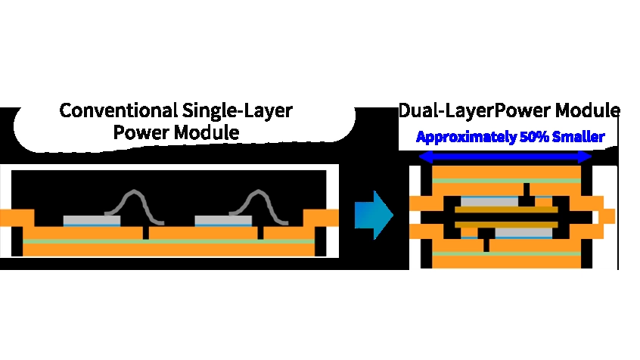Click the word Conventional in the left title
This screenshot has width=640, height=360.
coord(118,110)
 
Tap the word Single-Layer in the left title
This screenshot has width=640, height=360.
coord(238,111)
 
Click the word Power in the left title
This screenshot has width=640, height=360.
coord(141,132)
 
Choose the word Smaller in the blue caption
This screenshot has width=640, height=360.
coord(578,137)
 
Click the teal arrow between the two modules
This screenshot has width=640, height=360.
coord(374,215)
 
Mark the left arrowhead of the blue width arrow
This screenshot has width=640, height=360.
coord(425,157)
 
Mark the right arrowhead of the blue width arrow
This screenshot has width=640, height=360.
coord(586,157)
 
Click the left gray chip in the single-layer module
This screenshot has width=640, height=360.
coord(92,220)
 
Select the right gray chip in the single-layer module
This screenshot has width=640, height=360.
coord(223,220)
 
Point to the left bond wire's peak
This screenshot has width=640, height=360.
coord(135,191)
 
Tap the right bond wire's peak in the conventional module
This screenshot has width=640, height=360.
coord(259,191)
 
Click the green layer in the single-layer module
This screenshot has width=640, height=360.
coord(169,241)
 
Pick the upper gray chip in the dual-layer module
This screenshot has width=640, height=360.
coord(489,202)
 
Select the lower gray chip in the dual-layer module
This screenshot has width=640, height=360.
coord(523,233)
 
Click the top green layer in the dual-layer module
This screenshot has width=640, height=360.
coord(507,181)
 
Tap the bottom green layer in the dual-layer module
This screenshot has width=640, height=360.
coord(507,254)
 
